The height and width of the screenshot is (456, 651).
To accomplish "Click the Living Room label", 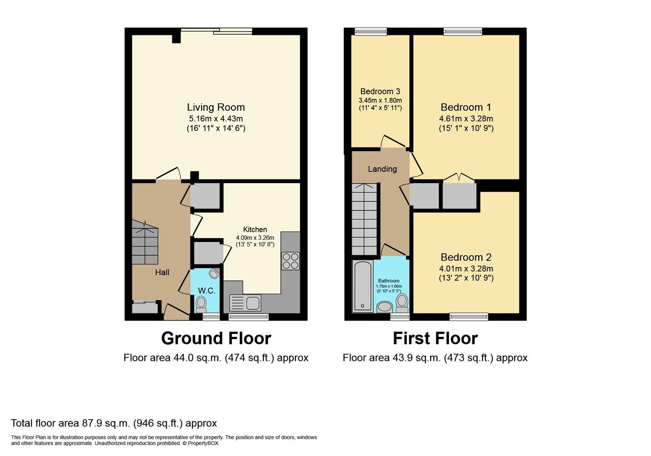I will pyautogui.click(x=216, y=107).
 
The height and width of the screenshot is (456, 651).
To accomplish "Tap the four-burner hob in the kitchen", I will pyautogui.click(x=290, y=261).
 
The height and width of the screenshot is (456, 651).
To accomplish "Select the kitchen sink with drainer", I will pyautogui.click(x=245, y=303).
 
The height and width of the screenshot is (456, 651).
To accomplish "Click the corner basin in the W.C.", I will pyautogui.click(x=214, y=274).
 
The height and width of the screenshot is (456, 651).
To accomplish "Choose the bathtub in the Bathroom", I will pyautogui.click(x=362, y=286).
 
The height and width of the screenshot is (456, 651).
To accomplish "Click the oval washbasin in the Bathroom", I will pyautogui.click(x=384, y=306).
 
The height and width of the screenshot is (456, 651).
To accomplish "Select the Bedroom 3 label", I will pyautogui.click(x=380, y=91).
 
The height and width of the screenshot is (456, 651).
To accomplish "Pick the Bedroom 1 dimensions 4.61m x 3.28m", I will pyautogui.click(x=466, y=119).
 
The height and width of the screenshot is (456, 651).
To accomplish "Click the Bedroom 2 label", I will pyautogui.click(x=466, y=257).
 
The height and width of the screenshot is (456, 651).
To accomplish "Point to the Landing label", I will pyautogui.click(x=382, y=169).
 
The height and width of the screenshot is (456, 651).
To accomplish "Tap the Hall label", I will pyautogui.click(x=162, y=272).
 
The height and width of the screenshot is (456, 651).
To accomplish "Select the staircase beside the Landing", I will pyautogui.click(x=364, y=219).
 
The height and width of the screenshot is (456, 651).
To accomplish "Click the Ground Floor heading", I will pyautogui.click(x=216, y=338).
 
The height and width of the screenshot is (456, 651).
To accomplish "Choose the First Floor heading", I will pyautogui.click(x=435, y=338).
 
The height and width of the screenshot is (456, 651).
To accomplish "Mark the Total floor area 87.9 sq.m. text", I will pyautogui.click(x=114, y=423).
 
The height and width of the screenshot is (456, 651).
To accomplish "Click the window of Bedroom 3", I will pyautogui.click(x=371, y=31).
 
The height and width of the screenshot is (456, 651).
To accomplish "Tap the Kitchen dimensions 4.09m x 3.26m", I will pyautogui.click(x=255, y=238).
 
